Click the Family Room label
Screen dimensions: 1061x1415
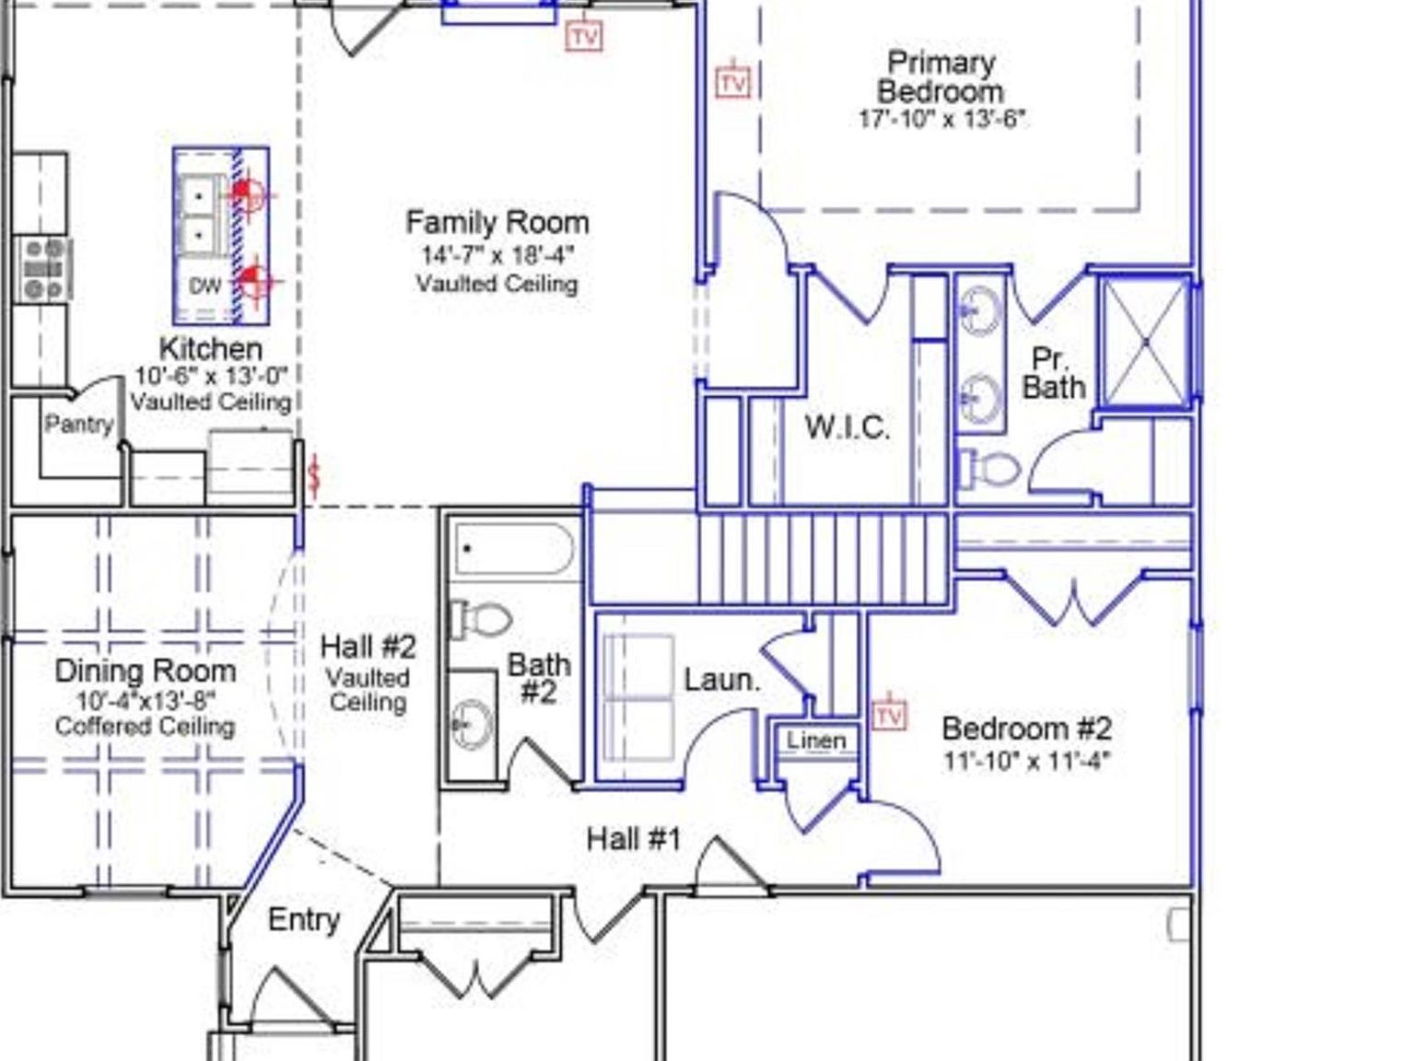click(x=497, y=223)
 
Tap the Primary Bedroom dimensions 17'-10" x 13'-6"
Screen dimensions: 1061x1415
click(x=941, y=120)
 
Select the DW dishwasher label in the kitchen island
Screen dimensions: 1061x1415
click(x=205, y=286)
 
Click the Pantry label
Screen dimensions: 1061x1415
click(x=79, y=425)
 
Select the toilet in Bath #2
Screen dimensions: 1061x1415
click(x=482, y=619)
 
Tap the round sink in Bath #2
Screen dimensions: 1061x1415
click(x=472, y=725)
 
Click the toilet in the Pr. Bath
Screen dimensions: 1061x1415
click(x=990, y=470)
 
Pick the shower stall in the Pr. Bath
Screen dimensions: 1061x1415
click(x=1145, y=343)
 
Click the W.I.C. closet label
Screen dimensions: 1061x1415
click(x=847, y=427)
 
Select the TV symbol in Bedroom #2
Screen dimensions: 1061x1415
click(x=889, y=714)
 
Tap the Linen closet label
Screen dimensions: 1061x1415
click(x=815, y=740)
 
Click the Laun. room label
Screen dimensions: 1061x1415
click(x=721, y=681)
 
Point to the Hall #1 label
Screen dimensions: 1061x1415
click(x=634, y=839)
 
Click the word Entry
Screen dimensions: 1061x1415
click(x=303, y=919)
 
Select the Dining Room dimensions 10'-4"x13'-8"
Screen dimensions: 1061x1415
click(x=145, y=701)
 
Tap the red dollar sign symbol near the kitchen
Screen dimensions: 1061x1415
click(x=314, y=475)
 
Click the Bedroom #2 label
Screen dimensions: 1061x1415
click(x=1026, y=729)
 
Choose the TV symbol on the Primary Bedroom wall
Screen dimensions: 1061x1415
click(x=732, y=83)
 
